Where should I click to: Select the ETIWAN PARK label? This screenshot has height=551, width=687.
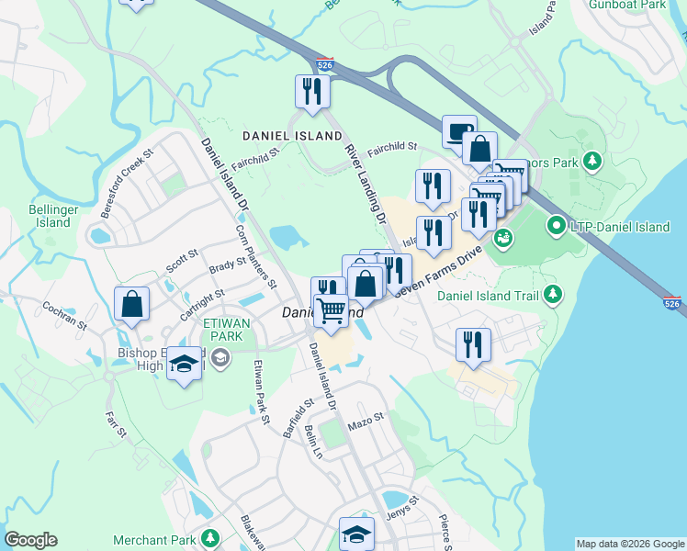223,330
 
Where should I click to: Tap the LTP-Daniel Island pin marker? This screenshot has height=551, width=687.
556,225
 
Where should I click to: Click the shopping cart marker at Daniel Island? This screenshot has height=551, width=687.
332,310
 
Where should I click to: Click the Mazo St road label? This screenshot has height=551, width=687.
366,422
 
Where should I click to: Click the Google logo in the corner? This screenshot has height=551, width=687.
30,540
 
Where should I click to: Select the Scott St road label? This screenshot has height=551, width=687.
182,261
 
